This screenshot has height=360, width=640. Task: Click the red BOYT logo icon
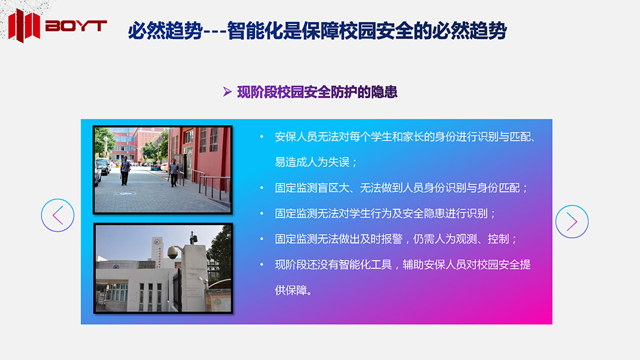click(x=24, y=25)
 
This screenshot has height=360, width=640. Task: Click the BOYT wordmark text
click(x=76, y=26)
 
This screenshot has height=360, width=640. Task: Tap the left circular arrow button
click(x=57, y=215)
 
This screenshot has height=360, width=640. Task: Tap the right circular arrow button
click(x=572, y=221)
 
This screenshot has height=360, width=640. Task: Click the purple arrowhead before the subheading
click(x=228, y=92)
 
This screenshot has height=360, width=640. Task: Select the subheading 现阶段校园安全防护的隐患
click(x=317, y=92)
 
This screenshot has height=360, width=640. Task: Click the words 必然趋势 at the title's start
click(x=165, y=31)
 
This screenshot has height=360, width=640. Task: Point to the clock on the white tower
click(x=157, y=242)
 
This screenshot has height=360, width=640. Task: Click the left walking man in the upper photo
click(x=125, y=170)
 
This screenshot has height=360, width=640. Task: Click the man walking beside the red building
click(x=174, y=172)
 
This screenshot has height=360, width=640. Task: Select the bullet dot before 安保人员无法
click(x=262, y=137)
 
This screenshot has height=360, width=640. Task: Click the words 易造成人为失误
click(x=312, y=162)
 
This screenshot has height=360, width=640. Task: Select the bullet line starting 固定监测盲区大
click(x=401, y=188)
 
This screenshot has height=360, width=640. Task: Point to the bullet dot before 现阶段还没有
click(x=262, y=264)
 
